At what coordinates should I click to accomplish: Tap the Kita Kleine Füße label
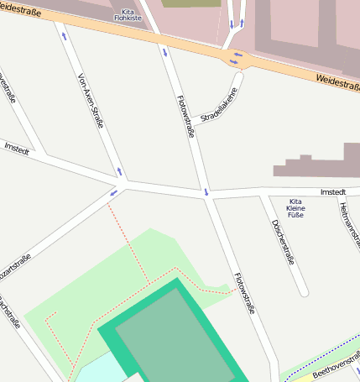tap(295, 208)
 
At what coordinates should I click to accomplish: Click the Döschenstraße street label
tap(283, 242)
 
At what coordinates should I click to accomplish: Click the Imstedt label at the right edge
tap(332, 192)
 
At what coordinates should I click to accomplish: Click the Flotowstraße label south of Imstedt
tap(243, 293)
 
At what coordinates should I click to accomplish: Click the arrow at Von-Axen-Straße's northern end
tap(64, 35)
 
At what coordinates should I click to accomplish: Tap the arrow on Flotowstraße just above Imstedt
tap(206, 192)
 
